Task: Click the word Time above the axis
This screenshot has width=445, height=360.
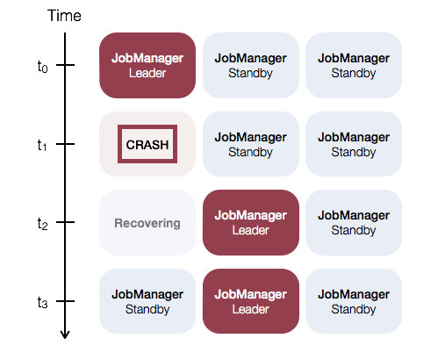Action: pyautogui.click(x=64, y=16)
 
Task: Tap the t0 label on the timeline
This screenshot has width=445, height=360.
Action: pyautogui.click(x=42, y=67)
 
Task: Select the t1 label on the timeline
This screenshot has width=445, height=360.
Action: pyautogui.click(x=42, y=145)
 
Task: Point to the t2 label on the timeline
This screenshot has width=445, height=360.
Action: pyautogui.click(x=42, y=224)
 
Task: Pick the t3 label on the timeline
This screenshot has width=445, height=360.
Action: pyautogui.click(x=42, y=302)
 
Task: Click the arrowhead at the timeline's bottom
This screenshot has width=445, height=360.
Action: pyautogui.click(x=65, y=335)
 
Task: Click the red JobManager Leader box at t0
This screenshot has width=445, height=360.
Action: pyautogui.click(x=147, y=65)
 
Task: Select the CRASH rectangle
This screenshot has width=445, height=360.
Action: pyautogui.click(x=147, y=144)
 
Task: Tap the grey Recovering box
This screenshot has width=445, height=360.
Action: pyautogui.click(x=147, y=223)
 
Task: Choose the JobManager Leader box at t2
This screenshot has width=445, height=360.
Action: pyautogui.click(x=251, y=223)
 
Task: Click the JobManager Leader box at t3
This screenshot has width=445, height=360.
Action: pyautogui.click(x=251, y=301)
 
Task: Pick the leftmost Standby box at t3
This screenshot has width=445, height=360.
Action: pyautogui.click(x=147, y=301)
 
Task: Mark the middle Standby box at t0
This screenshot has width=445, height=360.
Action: pyautogui.click(x=251, y=65)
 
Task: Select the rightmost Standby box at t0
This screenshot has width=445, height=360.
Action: pyautogui.click(x=354, y=65)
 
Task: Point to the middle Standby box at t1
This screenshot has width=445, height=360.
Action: pyautogui.click(x=251, y=144)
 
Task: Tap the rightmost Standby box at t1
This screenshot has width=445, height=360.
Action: pyautogui.click(x=354, y=144)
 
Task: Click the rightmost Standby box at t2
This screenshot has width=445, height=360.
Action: pyautogui.click(x=354, y=223)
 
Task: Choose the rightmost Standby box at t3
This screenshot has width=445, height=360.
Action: pyautogui.click(x=354, y=301)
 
